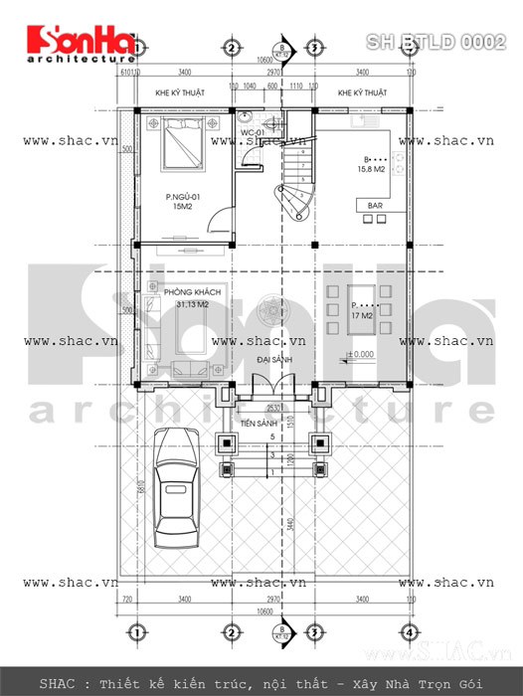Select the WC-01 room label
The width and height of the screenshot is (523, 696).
(x=252, y=131)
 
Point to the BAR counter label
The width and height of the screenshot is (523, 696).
(x=377, y=206)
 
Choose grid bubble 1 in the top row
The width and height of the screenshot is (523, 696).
(x=137, y=47)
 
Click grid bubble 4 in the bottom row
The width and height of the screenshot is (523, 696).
(x=408, y=633)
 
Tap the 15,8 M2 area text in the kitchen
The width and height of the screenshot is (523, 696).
(x=381, y=169)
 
